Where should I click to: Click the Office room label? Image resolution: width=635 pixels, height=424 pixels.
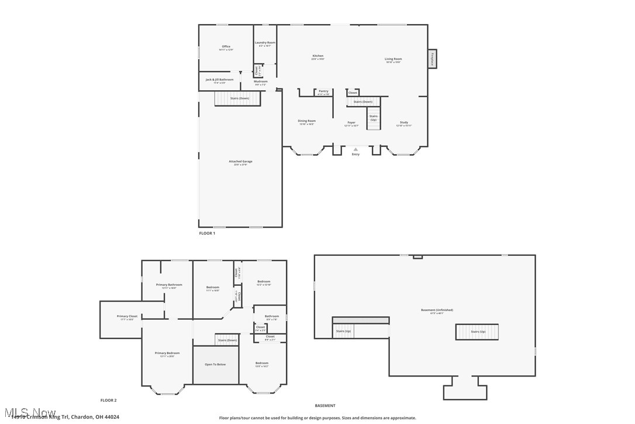[x=226, y=47]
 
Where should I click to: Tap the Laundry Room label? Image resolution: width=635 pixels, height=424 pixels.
[x=265, y=43]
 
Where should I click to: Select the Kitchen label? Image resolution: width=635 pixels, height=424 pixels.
[x=317, y=56]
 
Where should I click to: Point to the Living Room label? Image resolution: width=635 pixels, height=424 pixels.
[x=393, y=59]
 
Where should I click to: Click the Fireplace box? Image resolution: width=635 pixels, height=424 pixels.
[x=432, y=59]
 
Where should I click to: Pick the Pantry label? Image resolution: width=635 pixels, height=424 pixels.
[x=323, y=91]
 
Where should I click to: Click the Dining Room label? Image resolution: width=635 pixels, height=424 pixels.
[x=307, y=121]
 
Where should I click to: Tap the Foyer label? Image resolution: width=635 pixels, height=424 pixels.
[x=351, y=123]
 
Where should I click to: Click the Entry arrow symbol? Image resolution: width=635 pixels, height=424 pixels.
[x=356, y=149]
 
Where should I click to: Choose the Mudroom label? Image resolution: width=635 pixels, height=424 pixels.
[x=260, y=81]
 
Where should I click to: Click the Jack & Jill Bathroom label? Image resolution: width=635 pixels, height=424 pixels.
[x=219, y=80]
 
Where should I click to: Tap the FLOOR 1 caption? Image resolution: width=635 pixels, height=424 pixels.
[x=207, y=233]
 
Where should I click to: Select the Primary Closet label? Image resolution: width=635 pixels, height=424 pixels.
[x=127, y=316]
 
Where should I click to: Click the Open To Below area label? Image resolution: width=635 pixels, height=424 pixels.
[x=215, y=364]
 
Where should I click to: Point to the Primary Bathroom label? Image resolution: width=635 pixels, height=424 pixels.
[x=169, y=285]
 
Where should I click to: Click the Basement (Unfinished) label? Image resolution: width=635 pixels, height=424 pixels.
[x=437, y=310]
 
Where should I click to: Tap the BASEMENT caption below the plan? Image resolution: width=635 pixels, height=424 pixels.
[x=325, y=405]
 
